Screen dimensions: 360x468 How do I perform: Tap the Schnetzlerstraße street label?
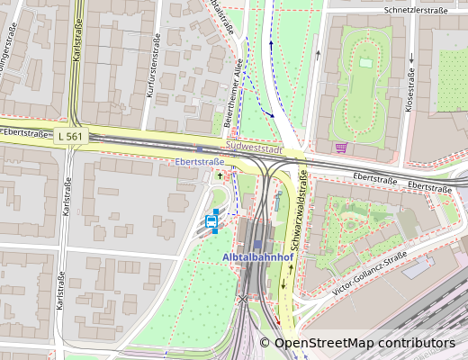click(415, 10)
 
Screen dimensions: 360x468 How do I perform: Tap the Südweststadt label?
click(256, 146)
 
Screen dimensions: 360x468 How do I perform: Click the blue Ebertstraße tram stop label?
click(200, 162)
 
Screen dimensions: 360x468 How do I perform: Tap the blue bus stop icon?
click(212, 220)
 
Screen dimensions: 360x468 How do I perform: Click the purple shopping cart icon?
click(340, 148)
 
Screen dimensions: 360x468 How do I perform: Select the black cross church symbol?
click(217, 177)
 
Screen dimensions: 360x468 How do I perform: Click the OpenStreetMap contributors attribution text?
click(364, 343)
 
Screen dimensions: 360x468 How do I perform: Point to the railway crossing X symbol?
click(242, 300)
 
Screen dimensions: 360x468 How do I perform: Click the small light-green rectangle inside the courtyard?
click(365, 62)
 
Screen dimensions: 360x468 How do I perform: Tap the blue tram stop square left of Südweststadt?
click(200, 148)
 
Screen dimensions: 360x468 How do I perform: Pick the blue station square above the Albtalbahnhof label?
click(257, 244)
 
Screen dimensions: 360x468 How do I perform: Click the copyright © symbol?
click(265, 343)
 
